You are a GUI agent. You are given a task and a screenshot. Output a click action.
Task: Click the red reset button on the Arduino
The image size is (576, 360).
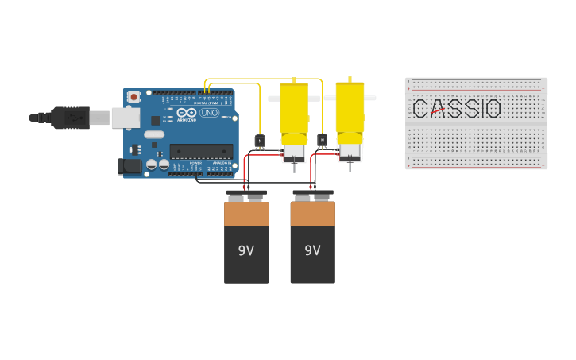pyautogui.click(x=133, y=97)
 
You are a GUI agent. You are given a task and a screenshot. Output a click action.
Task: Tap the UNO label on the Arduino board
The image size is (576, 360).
pyautogui.click(x=208, y=113)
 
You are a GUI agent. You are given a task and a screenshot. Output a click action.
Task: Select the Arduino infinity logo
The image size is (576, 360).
pyautogui.click(x=187, y=113)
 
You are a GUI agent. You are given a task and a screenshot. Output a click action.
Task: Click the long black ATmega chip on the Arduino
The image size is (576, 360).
pyautogui.click(x=200, y=150)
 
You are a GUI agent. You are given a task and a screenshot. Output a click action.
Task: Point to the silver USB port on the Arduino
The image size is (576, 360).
pyautogui.click(x=124, y=118)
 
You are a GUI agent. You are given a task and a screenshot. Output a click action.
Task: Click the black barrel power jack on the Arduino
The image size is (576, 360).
pyautogui.click(x=129, y=166)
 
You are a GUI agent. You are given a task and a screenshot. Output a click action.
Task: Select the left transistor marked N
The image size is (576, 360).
pyautogui.click(x=260, y=141)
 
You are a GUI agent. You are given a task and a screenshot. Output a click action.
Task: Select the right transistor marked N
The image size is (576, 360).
pyautogui.click(x=322, y=141)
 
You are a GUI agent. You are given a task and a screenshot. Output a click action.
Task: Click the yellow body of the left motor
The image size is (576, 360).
pyautogui.click(x=294, y=111)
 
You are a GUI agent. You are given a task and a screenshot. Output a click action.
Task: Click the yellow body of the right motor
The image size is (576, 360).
pyautogui.click(x=350, y=111)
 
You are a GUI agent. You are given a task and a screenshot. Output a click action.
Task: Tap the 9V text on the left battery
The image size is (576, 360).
pyautogui.click(x=246, y=250)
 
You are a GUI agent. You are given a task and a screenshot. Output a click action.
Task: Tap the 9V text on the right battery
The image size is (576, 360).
pyautogui.click(x=312, y=250)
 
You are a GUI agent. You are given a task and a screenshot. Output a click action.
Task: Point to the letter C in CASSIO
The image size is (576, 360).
pyautogui.click(x=421, y=109)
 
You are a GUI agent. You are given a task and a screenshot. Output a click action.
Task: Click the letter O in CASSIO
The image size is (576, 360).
pyautogui.click(x=493, y=109)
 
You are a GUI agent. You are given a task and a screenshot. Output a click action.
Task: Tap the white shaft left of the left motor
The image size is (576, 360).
pyautogui.click(x=274, y=99)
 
